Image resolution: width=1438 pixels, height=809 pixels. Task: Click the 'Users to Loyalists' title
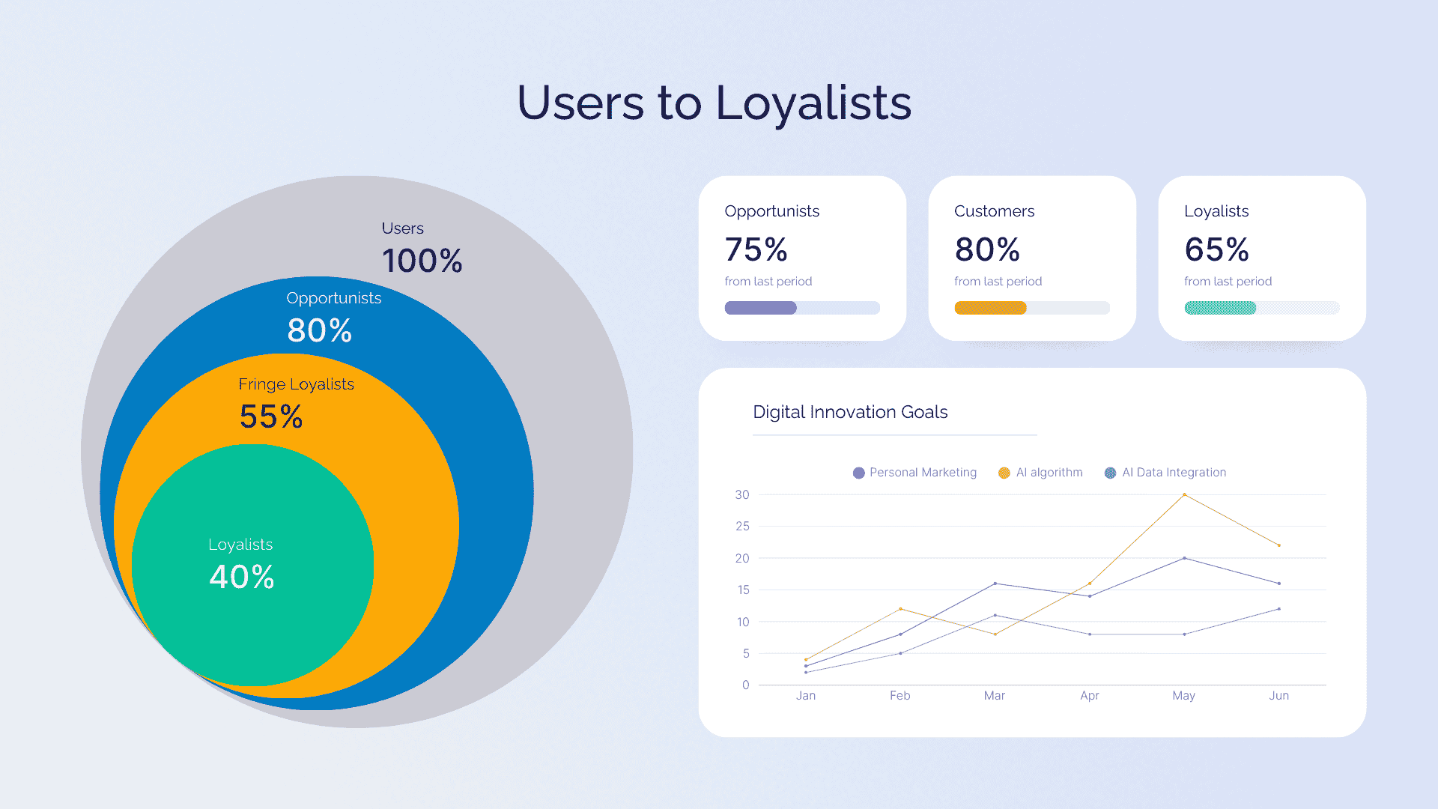click(x=714, y=103)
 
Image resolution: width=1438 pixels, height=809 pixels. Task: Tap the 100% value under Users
click(x=422, y=261)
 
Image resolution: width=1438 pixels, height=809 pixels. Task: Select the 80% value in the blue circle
click(x=319, y=330)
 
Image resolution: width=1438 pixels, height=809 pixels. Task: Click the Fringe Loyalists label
click(x=296, y=384)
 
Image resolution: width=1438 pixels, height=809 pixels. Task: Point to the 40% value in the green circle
click(x=241, y=577)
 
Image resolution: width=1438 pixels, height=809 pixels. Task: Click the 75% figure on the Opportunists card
click(x=756, y=249)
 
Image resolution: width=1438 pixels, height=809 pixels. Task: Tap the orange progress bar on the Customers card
click(x=990, y=308)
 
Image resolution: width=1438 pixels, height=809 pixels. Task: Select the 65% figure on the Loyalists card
click(x=1216, y=249)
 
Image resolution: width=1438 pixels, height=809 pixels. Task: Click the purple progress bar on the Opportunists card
click(x=760, y=308)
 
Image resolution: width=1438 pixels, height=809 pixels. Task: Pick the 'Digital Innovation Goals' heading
click(x=850, y=412)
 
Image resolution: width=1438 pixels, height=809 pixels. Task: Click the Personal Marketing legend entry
click(x=914, y=473)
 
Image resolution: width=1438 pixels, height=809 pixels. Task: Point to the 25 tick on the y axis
click(x=742, y=527)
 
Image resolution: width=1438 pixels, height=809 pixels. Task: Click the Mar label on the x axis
click(x=995, y=696)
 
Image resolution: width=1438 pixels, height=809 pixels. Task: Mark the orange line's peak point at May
click(x=1184, y=494)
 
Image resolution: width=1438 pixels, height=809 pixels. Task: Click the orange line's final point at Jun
click(x=1279, y=545)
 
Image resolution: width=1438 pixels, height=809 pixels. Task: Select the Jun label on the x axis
click(x=1279, y=696)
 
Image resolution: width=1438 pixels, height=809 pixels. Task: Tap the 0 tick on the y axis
click(x=745, y=685)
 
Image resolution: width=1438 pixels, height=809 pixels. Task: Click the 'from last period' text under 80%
click(x=998, y=282)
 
